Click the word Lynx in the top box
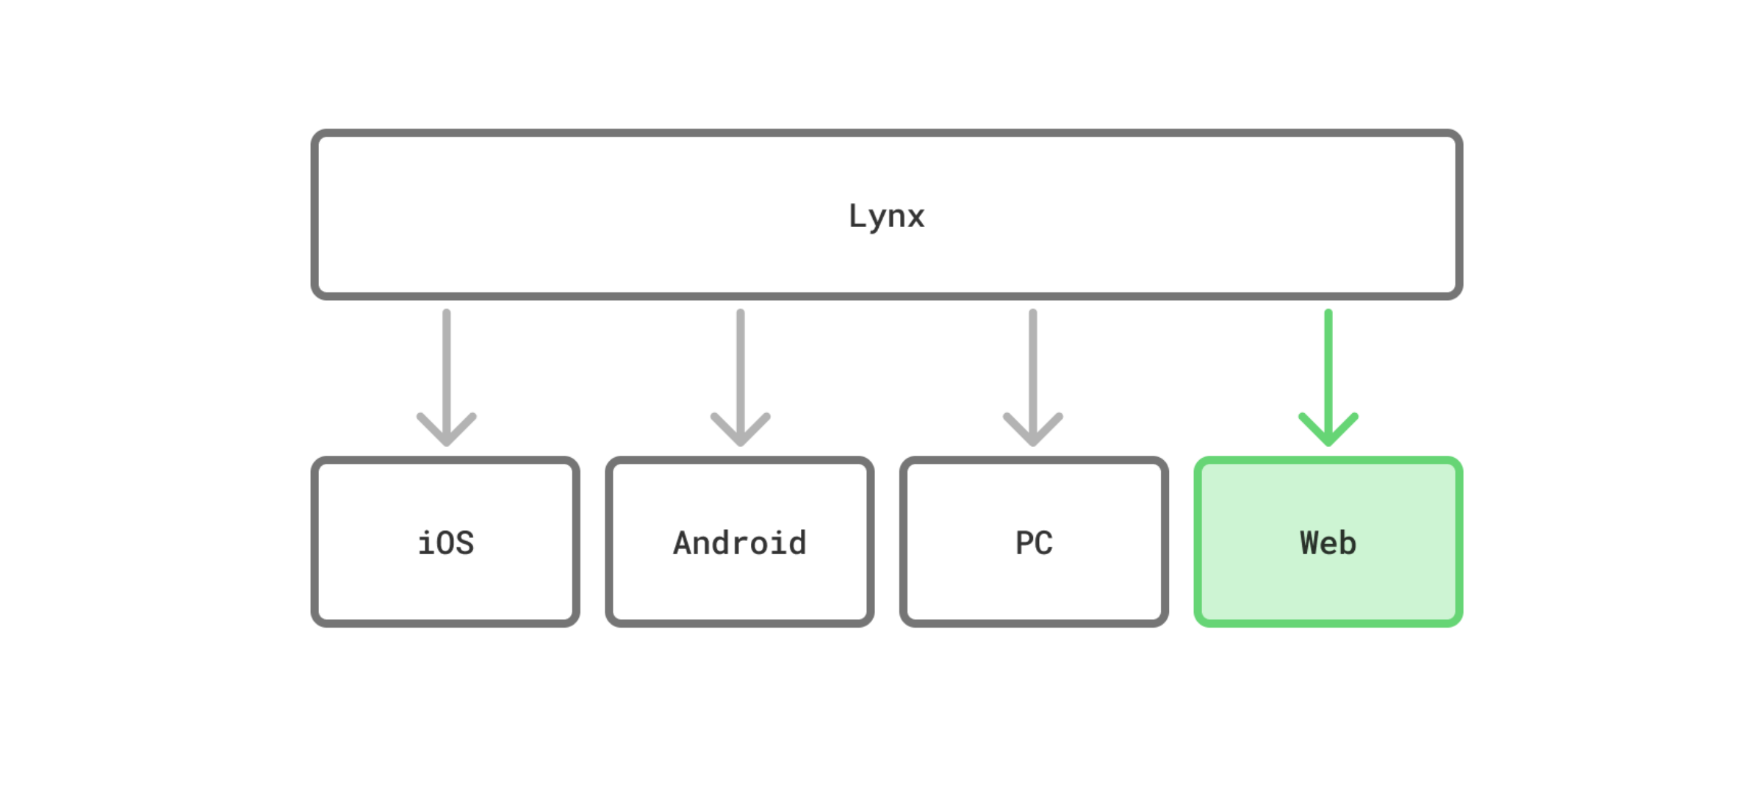pyautogui.click(x=886, y=216)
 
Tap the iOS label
pyautogui.click(x=445, y=543)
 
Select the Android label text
pyautogui.click(x=739, y=543)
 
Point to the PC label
pyautogui.click(x=1034, y=543)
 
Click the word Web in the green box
pyautogui.click(x=1328, y=543)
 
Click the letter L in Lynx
pyautogui.click(x=857, y=215)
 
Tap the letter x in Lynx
pyautogui.click(x=915, y=218)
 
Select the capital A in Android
pyautogui.click(x=683, y=543)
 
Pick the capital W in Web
pyautogui.click(x=1309, y=543)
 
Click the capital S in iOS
pyautogui.click(x=464, y=543)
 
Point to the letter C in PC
pyautogui.click(x=1043, y=543)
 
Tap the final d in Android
pyautogui.click(x=796, y=543)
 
